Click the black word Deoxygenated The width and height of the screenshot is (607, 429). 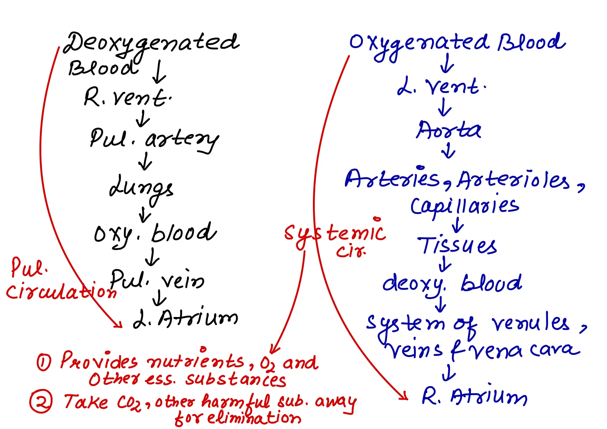coord(151,43)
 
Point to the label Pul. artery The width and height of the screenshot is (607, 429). coord(154,139)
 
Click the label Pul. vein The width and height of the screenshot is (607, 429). coord(157,280)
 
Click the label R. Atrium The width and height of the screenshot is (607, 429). coord(474,397)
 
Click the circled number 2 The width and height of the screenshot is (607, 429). coord(41,401)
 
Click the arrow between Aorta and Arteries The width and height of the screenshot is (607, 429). coord(448,151)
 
